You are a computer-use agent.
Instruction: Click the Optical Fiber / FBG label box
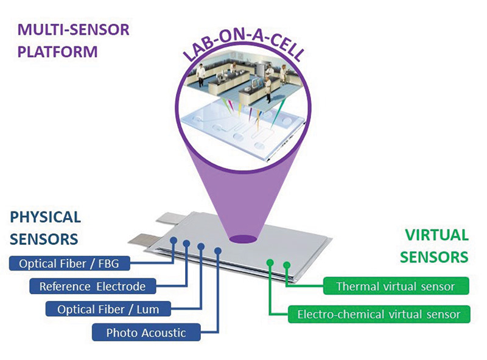coord(69,264)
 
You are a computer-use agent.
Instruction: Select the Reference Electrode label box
coord(93,286)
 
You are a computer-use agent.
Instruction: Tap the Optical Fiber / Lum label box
coord(108,309)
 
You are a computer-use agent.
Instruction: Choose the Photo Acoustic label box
coord(146,333)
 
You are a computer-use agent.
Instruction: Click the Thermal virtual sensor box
coord(396,286)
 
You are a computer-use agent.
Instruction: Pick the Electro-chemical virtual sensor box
coord(379,314)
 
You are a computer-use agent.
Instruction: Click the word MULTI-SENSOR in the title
coord(73,30)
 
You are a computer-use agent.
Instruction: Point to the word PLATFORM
coord(57,52)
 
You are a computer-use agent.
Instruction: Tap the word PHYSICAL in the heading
coord(45,217)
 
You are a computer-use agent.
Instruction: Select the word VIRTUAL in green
coord(436,235)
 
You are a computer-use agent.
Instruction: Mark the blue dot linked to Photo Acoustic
coord(218,250)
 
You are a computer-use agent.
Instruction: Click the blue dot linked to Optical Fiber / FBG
coord(173,241)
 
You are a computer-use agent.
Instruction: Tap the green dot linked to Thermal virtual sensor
coord(287,265)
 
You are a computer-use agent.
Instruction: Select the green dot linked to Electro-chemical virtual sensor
coord(270,263)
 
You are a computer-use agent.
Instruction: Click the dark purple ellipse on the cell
coord(243,239)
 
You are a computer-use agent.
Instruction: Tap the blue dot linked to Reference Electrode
coord(186,244)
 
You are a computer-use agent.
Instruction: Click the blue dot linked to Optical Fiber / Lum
coord(201,247)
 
